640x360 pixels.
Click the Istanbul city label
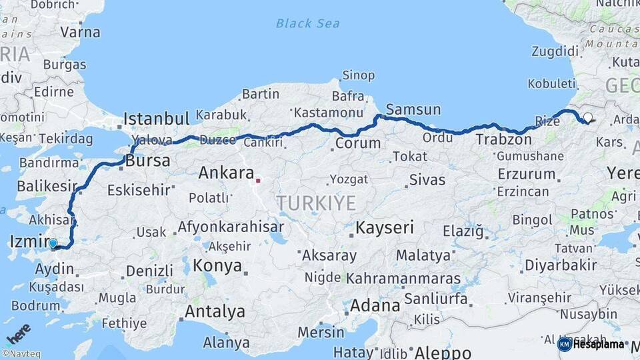tap(157, 119)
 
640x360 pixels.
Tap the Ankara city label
tap(227, 173)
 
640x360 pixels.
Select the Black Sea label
tap(307, 23)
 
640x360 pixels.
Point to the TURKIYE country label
tap(316, 203)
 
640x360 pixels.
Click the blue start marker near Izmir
tap(53, 244)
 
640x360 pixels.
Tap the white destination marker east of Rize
tap(587, 118)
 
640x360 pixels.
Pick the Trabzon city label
tap(503, 140)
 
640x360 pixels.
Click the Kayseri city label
tap(385, 227)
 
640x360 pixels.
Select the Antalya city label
tap(215, 311)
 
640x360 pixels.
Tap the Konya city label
tap(217, 266)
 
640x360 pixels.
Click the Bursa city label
tap(148, 161)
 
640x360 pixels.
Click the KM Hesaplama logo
tap(591, 344)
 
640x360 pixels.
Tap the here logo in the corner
tap(19, 334)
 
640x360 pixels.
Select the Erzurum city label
tap(526, 174)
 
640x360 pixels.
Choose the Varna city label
tap(80, 32)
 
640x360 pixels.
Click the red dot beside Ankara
tap(258, 179)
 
